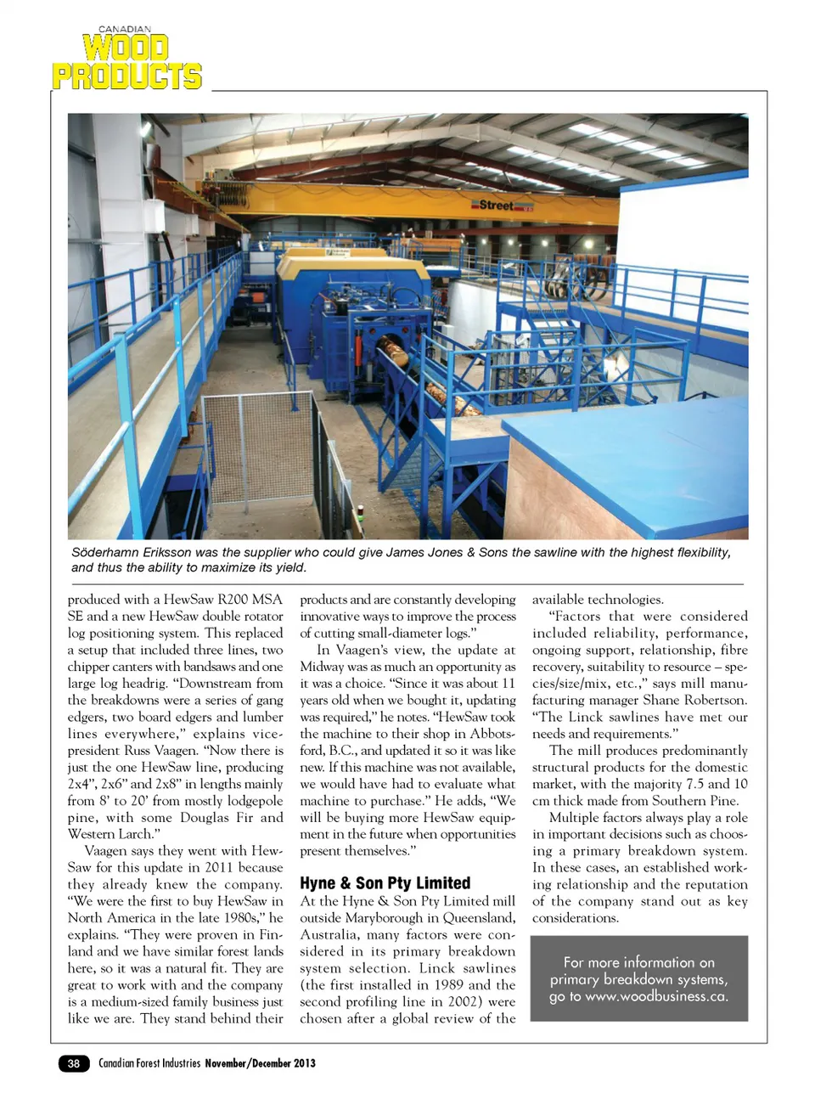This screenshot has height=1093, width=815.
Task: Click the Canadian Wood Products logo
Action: click(126, 59)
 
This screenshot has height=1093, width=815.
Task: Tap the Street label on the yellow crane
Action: click(496, 205)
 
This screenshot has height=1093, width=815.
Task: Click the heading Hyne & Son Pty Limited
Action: click(385, 882)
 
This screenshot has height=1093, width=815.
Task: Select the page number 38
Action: click(74, 1063)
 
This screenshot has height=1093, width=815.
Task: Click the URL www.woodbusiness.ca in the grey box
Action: click(655, 996)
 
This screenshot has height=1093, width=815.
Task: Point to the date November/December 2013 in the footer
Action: click(260, 1063)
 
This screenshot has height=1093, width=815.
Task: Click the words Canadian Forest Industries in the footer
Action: click(149, 1063)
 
